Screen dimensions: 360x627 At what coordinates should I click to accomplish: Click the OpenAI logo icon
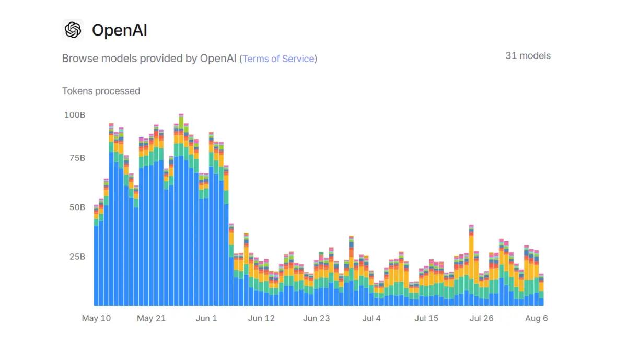[x=73, y=30]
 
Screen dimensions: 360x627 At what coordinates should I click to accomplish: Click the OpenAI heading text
[x=119, y=30]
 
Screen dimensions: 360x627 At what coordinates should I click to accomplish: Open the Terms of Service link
[x=278, y=59]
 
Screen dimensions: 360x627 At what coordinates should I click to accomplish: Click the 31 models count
[x=528, y=55]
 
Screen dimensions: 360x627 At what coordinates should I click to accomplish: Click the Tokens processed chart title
[x=101, y=91]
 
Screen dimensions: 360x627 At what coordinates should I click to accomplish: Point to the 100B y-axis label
[x=75, y=114]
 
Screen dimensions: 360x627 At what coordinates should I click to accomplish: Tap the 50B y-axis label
[x=76, y=207]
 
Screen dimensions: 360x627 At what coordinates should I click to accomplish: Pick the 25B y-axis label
[x=76, y=257]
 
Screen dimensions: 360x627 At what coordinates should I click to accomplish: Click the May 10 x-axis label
[x=96, y=318]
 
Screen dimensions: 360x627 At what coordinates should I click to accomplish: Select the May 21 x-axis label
[x=152, y=318]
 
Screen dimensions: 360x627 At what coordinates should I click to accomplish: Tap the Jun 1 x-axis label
[x=206, y=318]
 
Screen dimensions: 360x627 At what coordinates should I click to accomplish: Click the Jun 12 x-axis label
[x=261, y=318]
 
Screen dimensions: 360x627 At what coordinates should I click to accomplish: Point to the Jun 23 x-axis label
[x=317, y=318]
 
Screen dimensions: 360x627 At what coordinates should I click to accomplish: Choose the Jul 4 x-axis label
[x=371, y=318]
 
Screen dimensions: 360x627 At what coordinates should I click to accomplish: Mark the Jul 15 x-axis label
[x=426, y=318]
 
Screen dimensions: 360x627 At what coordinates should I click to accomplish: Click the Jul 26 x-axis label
[x=482, y=318]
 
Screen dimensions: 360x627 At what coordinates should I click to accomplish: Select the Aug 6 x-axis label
[x=537, y=318]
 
